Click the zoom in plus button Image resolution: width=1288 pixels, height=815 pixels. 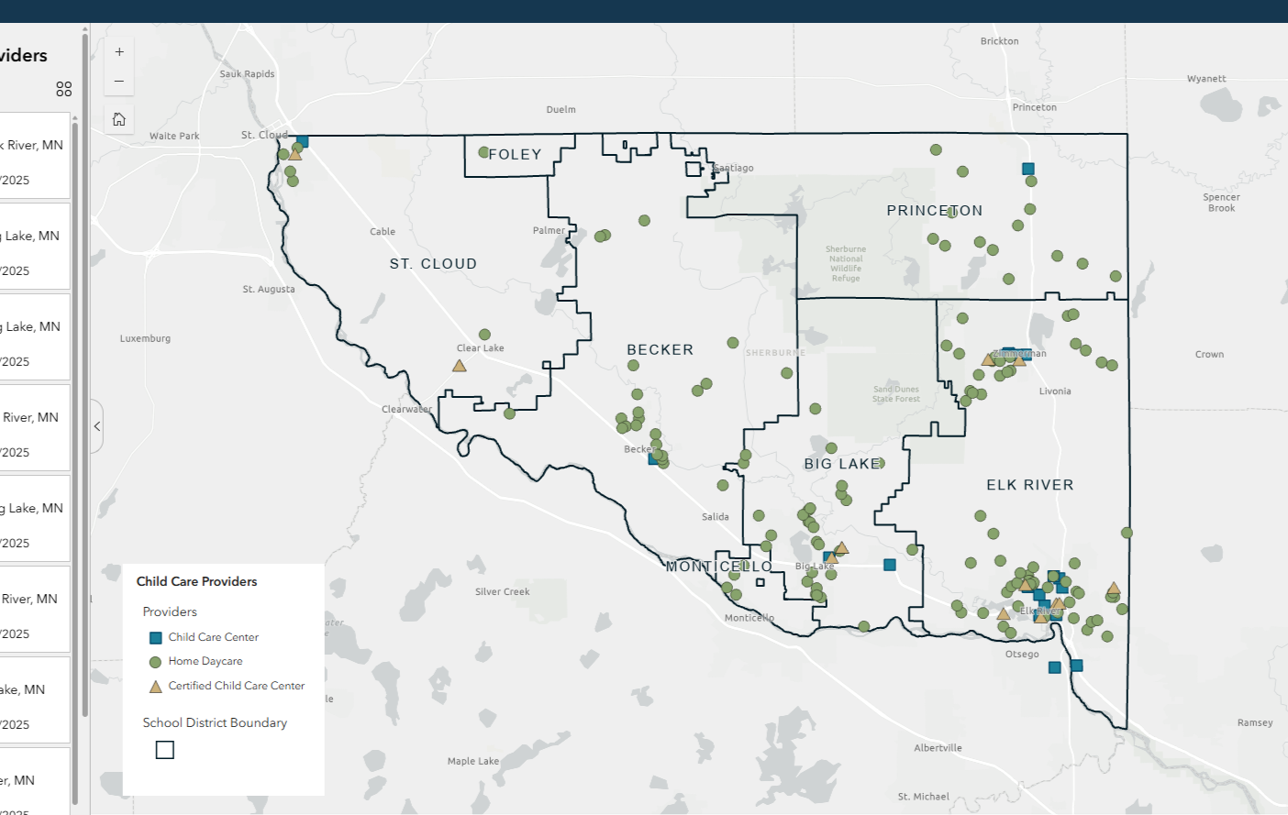click(119, 52)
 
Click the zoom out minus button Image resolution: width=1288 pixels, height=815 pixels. click(119, 82)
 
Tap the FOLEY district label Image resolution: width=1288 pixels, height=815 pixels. click(515, 155)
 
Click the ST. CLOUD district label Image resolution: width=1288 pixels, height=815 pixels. click(433, 264)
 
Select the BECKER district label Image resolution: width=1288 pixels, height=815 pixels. click(660, 350)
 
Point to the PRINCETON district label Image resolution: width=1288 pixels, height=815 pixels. click(934, 211)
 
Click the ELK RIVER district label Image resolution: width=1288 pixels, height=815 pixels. click(1029, 485)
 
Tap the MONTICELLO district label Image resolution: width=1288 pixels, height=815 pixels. click(718, 567)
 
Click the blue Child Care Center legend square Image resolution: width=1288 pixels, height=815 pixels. click(156, 638)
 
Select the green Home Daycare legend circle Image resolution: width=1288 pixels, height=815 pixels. click(156, 662)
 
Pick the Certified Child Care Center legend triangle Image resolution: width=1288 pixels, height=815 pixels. click(156, 687)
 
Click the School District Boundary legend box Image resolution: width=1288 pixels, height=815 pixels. click(165, 750)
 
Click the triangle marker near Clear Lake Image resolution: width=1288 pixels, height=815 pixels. click(460, 366)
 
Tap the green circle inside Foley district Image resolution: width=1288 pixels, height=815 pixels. click(483, 152)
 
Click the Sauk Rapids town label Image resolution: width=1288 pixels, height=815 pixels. click(247, 74)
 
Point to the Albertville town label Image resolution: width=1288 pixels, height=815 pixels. click(938, 748)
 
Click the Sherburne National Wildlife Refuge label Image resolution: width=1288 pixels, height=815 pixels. click(845, 263)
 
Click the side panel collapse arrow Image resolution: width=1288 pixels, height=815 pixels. click(97, 426)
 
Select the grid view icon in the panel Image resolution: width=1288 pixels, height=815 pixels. click(63, 89)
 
